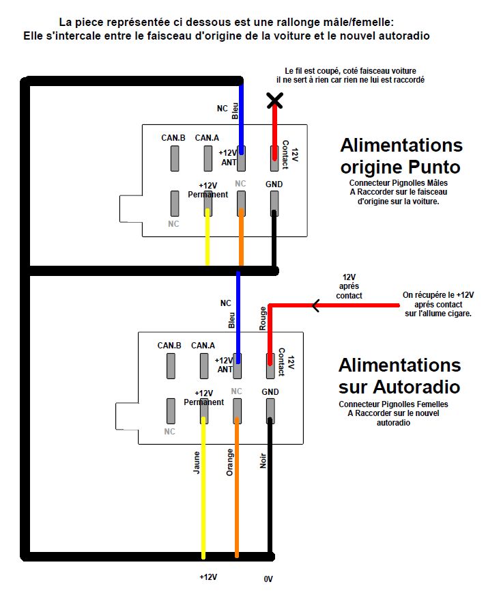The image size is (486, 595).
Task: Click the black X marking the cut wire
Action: click(275, 101)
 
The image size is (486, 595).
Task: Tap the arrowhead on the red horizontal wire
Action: click(316, 305)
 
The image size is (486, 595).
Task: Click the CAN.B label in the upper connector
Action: click(173, 138)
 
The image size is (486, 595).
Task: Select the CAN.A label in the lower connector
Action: click(203, 345)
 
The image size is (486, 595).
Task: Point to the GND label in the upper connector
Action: click(274, 184)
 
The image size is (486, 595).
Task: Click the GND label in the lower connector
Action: click(270, 391)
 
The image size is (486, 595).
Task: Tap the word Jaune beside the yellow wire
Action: click(197, 462)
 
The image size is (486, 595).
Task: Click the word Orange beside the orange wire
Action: click(230, 462)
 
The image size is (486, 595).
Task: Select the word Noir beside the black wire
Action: click(263, 460)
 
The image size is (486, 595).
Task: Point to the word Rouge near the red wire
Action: click(263, 319)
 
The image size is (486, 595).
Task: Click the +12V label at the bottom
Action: click(208, 577)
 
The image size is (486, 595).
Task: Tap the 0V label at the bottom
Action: click(268, 579)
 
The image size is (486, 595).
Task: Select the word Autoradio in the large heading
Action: click(416, 387)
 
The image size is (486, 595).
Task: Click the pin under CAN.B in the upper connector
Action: click(175, 158)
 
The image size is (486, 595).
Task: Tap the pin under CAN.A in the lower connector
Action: click(204, 365)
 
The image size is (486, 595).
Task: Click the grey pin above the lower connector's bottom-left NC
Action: click(171, 411)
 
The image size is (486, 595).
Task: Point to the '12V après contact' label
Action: click(349, 286)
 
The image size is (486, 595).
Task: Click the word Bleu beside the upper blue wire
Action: click(235, 111)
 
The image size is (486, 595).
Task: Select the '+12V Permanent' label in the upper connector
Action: click(208, 190)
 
